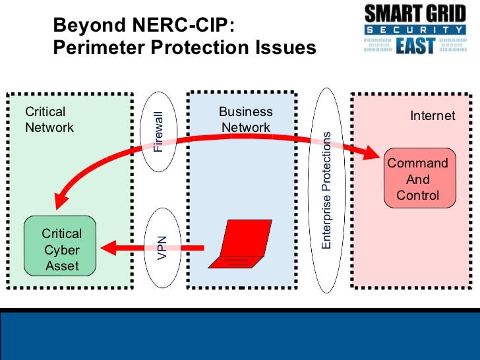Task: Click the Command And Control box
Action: (x=418, y=179)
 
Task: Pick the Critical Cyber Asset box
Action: (x=61, y=250)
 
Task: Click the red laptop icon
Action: (x=240, y=245)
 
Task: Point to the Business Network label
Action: (x=245, y=119)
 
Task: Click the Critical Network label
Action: (x=49, y=119)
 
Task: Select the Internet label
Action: (x=433, y=116)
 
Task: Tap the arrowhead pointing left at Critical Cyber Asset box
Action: (x=108, y=249)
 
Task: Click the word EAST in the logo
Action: (x=415, y=47)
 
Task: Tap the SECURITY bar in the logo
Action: (x=415, y=30)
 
